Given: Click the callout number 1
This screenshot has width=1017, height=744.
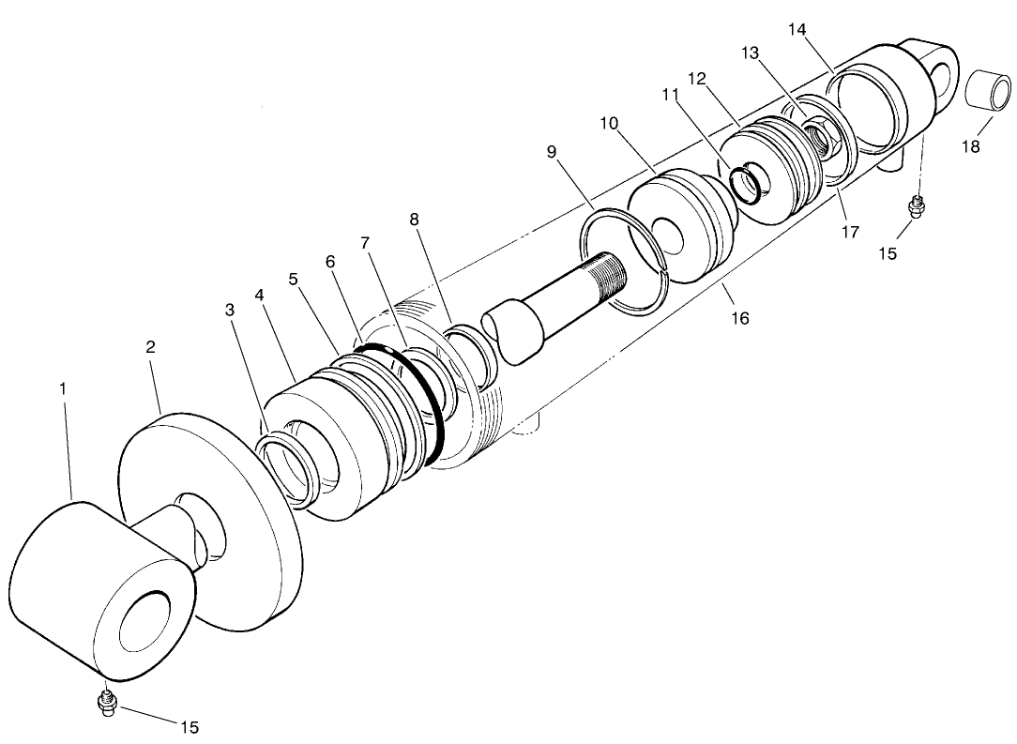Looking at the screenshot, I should tap(64, 386).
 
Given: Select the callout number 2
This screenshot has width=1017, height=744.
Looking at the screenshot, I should tap(150, 346).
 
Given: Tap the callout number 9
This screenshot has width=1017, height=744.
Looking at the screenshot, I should tap(552, 150).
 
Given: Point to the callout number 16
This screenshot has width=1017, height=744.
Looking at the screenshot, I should tap(739, 318).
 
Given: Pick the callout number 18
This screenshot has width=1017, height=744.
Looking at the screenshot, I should tap(970, 147).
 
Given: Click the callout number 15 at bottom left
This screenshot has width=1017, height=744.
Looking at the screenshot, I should tap(189, 727).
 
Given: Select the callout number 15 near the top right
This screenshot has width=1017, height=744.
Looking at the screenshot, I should tap(888, 253).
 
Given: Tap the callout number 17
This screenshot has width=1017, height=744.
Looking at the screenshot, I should tap(849, 232).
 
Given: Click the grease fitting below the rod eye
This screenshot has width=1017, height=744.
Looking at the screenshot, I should tap(107, 703).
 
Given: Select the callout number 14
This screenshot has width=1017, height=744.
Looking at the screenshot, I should tap(797, 29).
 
